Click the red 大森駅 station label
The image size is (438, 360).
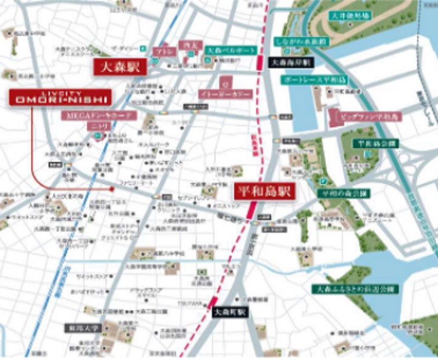point(118,67)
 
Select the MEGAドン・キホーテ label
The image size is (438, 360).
point(99,115)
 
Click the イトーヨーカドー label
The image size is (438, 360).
point(225,93)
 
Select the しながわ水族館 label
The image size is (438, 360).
point(294,42)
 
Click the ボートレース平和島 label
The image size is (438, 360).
point(308,79)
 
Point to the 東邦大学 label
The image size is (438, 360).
point(82,328)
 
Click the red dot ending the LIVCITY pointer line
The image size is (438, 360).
point(112,189)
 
